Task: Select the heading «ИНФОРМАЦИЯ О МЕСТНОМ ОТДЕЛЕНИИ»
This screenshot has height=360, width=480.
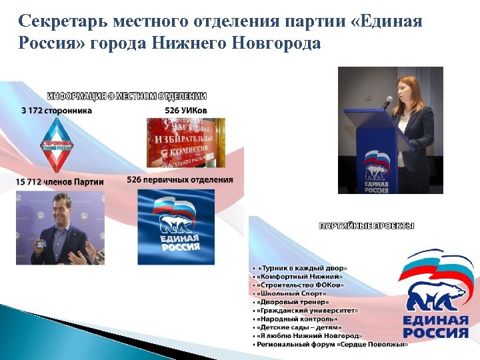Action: click(127, 96)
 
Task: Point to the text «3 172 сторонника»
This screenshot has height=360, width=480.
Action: click(57, 110)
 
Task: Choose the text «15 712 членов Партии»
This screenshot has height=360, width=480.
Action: click(61, 181)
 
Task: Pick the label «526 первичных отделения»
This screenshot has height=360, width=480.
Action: click(180, 179)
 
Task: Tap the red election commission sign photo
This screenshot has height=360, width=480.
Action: click(185, 142)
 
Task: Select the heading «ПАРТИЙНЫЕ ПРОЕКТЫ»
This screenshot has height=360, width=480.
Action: click(367, 225)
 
